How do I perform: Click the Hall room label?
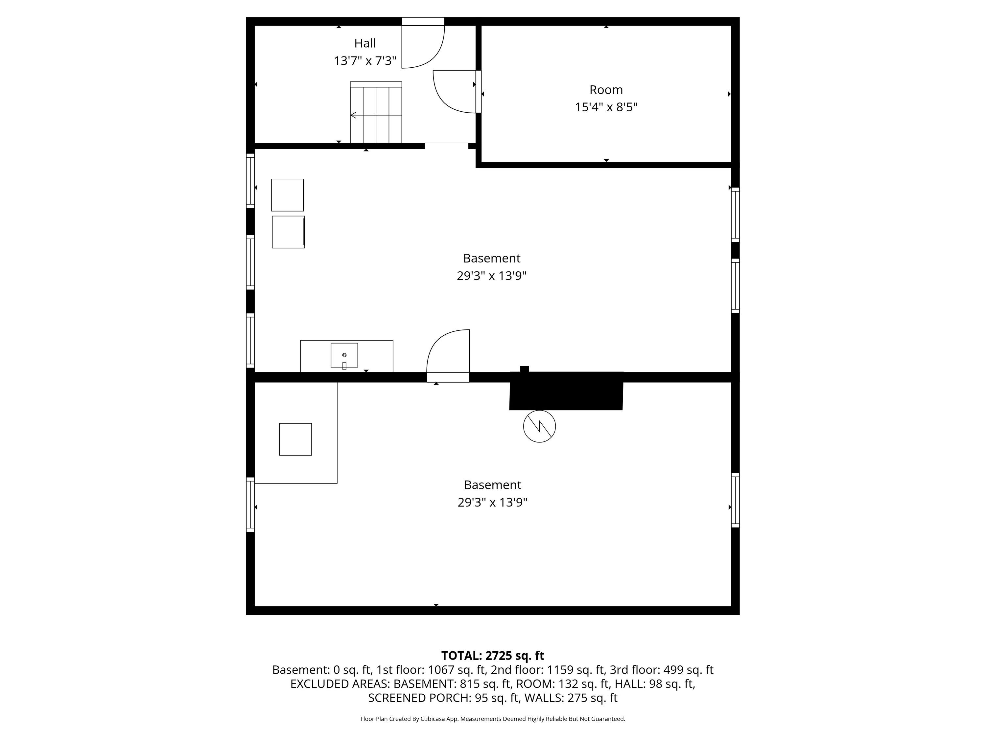tap(365, 43)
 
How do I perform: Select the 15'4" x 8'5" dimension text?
tap(606, 107)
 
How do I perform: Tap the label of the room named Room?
tap(606, 90)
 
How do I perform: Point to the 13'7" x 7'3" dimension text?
tap(365, 60)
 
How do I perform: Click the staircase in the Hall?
tap(376, 112)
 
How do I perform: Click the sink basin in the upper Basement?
tap(344, 355)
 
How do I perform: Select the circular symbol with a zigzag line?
tap(539, 426)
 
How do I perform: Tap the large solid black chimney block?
tap(566, 391)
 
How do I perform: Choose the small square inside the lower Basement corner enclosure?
tap(295, 439)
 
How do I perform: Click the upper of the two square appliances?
tap(288, 195)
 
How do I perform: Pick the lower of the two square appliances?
tap(288, 232)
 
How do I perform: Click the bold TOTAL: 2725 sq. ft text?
tap(493, 656)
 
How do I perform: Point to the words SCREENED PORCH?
tap(419, 698)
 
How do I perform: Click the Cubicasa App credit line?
tap(493, 719)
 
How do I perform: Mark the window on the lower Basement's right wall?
tap(735, 500)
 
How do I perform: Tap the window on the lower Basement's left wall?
tap(250, 505)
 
